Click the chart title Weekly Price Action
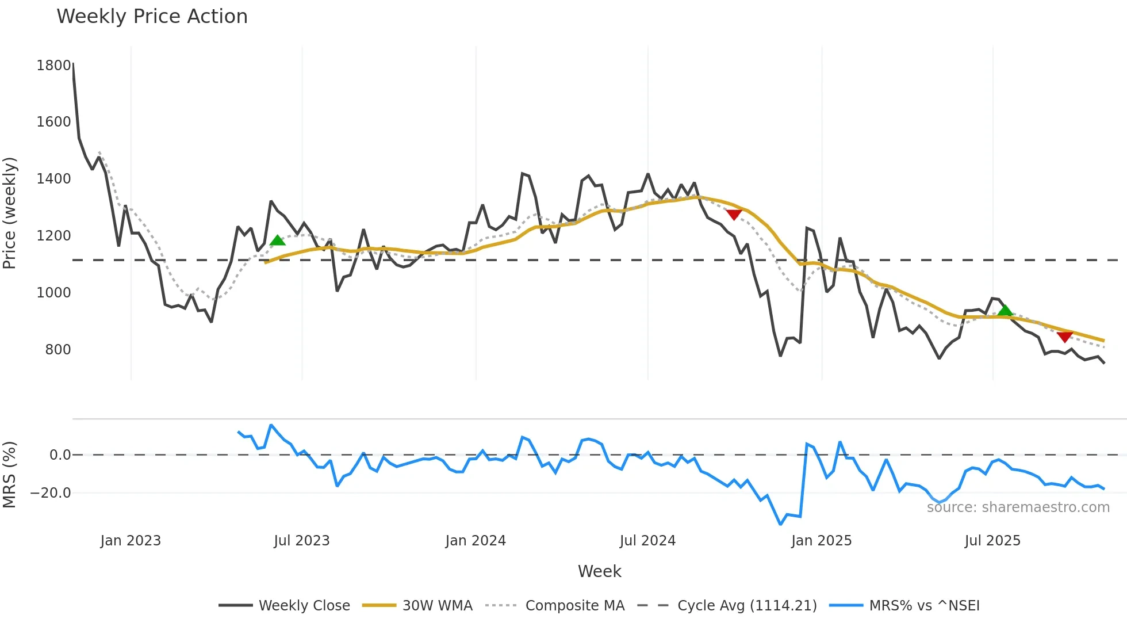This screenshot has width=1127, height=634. [x=152, y=17]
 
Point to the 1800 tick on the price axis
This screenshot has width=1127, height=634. [x=53, y=66]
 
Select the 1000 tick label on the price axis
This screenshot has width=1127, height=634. [x=53, y=293]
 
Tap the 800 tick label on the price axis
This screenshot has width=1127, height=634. [x=57, y=350]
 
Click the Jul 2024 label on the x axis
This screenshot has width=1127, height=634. [x=647, y=541]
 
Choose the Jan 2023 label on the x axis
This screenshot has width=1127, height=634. [x=131, y=541]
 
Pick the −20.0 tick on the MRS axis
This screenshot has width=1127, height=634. [x=51, y=493]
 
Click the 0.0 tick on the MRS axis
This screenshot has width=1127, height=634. [x=60, y=455]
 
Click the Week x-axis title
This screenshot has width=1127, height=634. [x=599, y=571]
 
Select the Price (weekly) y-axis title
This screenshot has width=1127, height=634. [x=9, y=213]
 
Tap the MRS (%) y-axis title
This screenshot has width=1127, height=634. [x=9, y=475]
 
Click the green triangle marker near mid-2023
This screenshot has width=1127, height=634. [x=278, y=240]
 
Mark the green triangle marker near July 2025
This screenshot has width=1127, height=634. [x=1005, y=311]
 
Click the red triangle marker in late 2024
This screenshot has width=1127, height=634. [x=734, y=215]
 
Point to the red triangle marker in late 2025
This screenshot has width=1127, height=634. [x=1065, y=337]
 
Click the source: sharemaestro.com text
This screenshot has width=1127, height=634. [x=1018, y=507]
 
